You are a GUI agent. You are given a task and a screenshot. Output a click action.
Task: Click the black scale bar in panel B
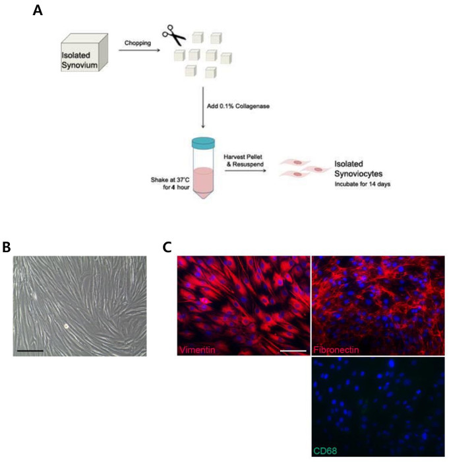pos(30,350)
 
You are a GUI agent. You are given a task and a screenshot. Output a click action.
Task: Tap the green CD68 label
pos(324,451)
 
